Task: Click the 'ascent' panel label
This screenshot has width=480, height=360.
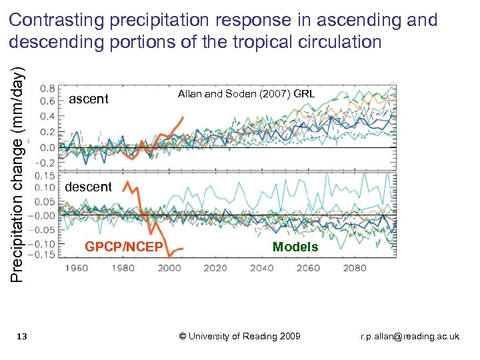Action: pyautogui.click(x=88, y=99)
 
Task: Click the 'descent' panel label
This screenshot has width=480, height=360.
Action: pyautogui.click(x=88, y=187)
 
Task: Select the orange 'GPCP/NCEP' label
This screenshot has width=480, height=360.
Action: pyautogui.click(x=123, y=247)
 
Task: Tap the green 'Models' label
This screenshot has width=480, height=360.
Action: pyautogui.click(x=295, y=247)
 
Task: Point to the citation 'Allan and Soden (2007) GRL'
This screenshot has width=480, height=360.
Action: pyautogui.click(x=246, y=94)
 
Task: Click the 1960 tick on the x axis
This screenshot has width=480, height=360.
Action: pyautogui.click(x=77, y=268)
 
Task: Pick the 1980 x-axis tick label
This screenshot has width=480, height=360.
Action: pyautogui.click(x=123, y=268)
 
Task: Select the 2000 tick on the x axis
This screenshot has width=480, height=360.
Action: pyautogui.click(x=169, y=268)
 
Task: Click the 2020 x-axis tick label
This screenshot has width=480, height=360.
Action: pyautogui.click(x=215, y=268)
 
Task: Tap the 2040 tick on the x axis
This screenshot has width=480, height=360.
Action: pyautogui.click(x=262, y=268)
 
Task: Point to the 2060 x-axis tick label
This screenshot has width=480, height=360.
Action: pyautogui.click(x=308, y=268)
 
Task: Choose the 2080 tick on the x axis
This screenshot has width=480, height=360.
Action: pyautogui.click(x=355, y=268)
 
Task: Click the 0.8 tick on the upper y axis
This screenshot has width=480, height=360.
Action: pyautogui.click(x=47, y=87)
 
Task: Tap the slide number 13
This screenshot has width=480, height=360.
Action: pyautogui.click(x=21, y=337)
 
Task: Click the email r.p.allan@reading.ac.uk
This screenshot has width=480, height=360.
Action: pyautogui.click(x=409, y=337)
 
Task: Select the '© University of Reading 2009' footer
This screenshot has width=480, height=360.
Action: pyautogui.click(x=240, y=336)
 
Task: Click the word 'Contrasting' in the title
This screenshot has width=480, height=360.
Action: pyautogui.click(x=57, y=21)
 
